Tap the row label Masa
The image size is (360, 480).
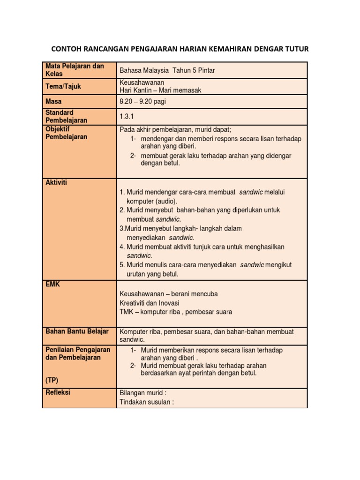click(x=53, y=101)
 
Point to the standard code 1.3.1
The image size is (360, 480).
click(x=127, y=116)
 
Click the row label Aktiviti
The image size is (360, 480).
click(x=56, y=182)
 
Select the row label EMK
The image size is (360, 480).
click(x=52, y=284)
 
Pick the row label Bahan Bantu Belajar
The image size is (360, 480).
click(x=77, y=331)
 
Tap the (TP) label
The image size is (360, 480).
click(x=52, y=380)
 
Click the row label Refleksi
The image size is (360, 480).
click(x=58, y=392)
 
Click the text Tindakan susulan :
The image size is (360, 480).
click(x=147, y=402)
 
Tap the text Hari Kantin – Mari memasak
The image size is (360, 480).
click(x=160, y=90)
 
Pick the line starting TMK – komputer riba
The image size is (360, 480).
click(x=176, y=312)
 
